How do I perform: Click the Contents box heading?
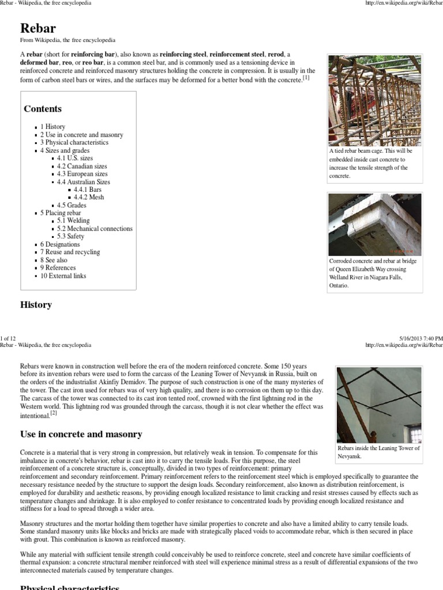tap(43, 108)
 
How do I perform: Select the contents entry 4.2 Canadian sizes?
tap(82, 166)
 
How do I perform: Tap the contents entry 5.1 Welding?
tap(73, 221)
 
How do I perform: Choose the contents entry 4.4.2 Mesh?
tap(89, 197)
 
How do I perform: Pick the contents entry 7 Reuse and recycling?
tap(70, 252)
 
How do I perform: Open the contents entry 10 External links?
tap(63, 275)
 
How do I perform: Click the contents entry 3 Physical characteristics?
tap(74, 142)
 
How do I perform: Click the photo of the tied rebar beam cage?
tap(374, 100)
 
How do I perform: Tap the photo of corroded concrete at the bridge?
tap(374, 224)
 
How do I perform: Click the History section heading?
tap(36, 305)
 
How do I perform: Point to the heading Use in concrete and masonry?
tap(81, 434)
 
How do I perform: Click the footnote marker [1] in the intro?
tap(306, 78)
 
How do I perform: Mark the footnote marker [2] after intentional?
tap(52, 413)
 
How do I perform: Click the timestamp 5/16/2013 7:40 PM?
tap(421, 338)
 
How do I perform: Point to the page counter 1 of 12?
tap(10, 338)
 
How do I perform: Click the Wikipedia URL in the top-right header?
tap(404, 3)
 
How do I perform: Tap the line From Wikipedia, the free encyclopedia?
tap(68, 40)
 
